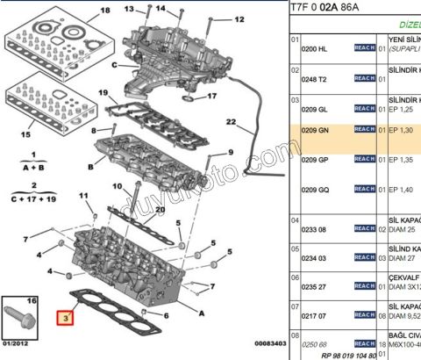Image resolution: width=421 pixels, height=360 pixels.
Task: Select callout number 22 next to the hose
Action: click(231, 121)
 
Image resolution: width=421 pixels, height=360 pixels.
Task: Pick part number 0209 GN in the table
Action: click(317, 130)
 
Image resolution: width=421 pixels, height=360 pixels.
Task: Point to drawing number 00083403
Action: click(260, 344)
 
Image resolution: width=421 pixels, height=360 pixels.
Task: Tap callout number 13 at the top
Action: click(129, 9)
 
